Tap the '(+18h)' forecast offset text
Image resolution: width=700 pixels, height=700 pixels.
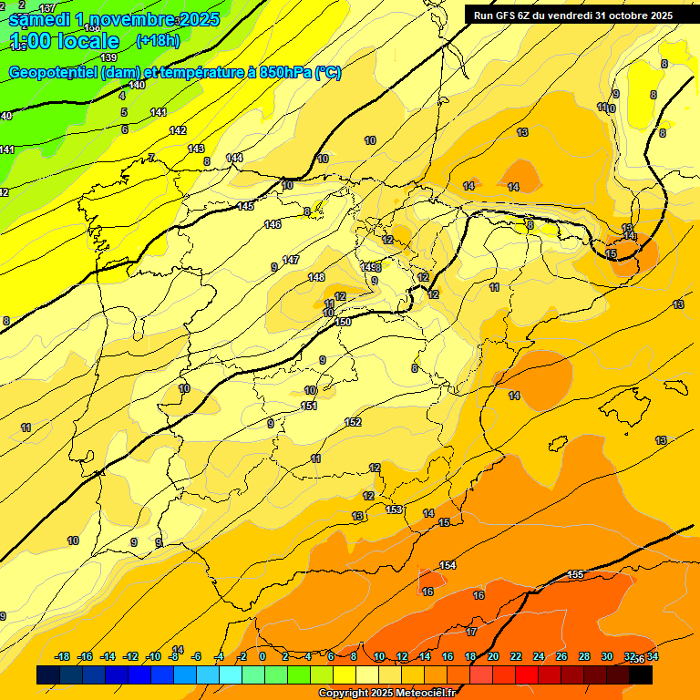pyautogui.click(x=158, y=40)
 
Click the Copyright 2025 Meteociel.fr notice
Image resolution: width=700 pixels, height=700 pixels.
pyautogui.click(x=387, y=693)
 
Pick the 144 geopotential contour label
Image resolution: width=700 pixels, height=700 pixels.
pyautogui.click(x=234, y=158)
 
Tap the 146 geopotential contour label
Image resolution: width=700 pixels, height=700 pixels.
pyautogui.click(x=273, y=224)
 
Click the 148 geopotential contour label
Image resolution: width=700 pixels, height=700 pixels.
pyautogui.click(x=316, y=277)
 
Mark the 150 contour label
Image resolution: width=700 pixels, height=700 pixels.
pyautogui.click(x=343, y=322)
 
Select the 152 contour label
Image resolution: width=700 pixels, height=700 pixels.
pyautogui.click(x=354, y=422)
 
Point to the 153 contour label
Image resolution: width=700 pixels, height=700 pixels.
pyautogui.click(x=395, y=510)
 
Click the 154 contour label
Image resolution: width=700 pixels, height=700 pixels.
pyautogui.click(x=448, y=566)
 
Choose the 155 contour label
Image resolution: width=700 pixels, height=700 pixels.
pyautogui.click(x=575, y=574)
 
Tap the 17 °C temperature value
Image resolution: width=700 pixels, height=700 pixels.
pyautogui.click(x=471, y=632)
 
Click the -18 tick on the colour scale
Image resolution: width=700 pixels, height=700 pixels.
pyautogui.click(x=63, y=656)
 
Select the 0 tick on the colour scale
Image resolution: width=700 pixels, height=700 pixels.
pyautogui.click(x=262, y=656)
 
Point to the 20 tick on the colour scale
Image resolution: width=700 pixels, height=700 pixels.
pyautogui.click(x=492, y=656)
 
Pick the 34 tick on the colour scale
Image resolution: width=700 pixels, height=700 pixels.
pyautogui.click(x=652, y=656)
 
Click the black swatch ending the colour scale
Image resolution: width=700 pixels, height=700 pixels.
pyautogui.click(x=641, y=674)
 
